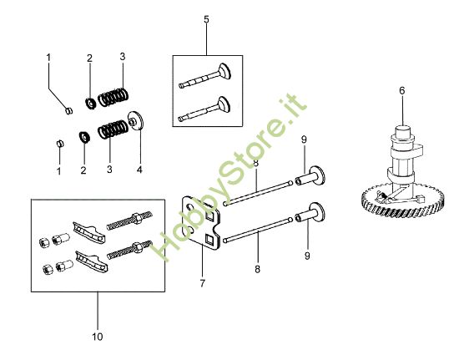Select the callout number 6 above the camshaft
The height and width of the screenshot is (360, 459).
[401, 89]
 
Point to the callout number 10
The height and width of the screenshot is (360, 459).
[97, 337]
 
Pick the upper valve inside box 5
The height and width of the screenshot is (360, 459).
[208, 78]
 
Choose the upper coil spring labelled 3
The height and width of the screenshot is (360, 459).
[114, 96]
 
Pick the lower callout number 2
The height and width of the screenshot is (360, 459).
[83, 170]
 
